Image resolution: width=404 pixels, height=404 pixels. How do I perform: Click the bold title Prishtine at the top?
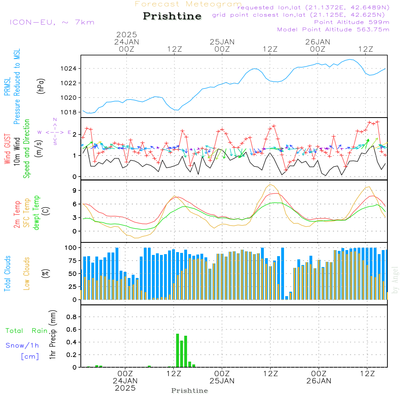click(172, 16)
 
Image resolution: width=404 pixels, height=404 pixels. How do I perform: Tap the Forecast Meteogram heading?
click(188, 4)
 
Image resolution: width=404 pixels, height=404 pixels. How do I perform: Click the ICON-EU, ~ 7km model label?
click(52, 22)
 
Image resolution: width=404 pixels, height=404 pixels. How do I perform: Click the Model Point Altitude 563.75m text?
click(333, 29)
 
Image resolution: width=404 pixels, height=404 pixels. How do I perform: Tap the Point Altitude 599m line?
click(351, 22)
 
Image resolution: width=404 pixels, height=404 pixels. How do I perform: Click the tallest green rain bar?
click(177, 350)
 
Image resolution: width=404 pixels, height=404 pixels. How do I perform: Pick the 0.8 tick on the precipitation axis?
click(71, 317)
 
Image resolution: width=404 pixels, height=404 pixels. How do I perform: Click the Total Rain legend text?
click(26, 330)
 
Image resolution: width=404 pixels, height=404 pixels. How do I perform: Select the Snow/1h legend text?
click(22, 345)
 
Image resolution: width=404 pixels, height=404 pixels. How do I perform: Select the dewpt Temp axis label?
click(36, 213)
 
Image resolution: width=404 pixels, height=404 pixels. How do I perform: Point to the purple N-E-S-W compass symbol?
click(55, 132)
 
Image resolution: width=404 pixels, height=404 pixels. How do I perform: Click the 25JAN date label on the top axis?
click(222, 42)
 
